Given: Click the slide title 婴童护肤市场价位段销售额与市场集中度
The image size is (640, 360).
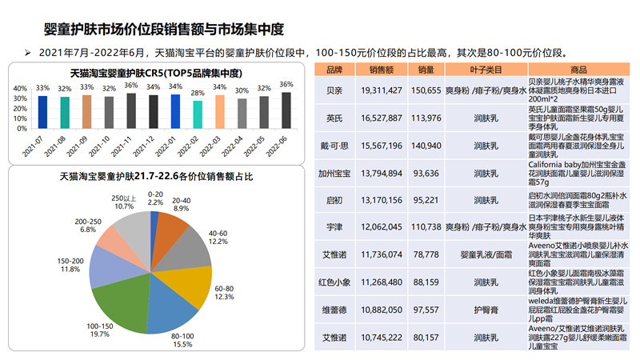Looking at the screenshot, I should (x=164, y=30).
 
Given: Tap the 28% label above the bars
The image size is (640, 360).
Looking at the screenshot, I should (x=197, y=94).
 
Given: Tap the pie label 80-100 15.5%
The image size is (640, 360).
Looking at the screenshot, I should (x=182, y=339).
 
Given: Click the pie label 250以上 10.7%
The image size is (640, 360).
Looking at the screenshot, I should (x=123, y=202).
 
